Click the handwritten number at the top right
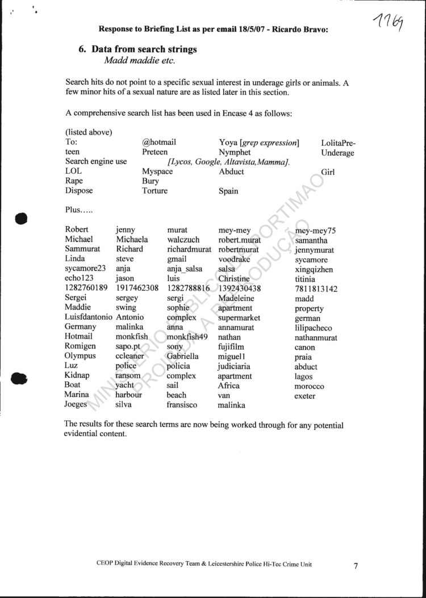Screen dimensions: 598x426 point(390,23)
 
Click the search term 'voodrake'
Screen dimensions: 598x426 point(234,260)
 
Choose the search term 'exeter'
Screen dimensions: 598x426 point(304,396)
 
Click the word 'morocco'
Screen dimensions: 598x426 point(310,386)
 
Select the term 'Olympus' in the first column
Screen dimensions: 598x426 point(80,356)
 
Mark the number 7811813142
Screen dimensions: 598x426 point(316,289)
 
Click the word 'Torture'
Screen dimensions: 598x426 point(154,191)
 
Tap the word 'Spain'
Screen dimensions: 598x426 point(228,191)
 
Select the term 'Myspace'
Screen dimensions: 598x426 point(157,172)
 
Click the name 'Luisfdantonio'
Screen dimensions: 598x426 point(88,317)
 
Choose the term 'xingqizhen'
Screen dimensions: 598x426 point(314,270)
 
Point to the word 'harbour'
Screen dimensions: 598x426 point(128,395)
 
